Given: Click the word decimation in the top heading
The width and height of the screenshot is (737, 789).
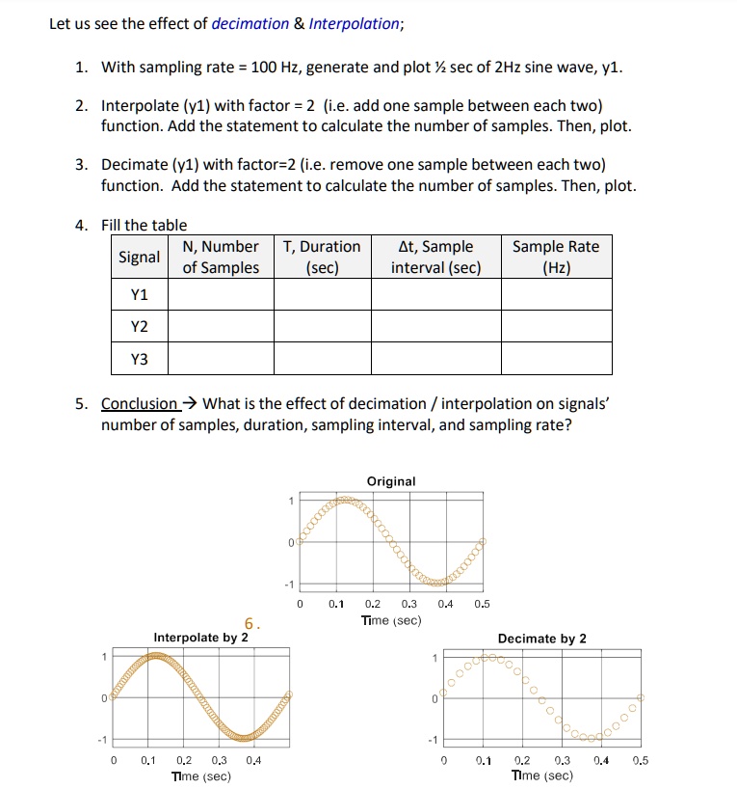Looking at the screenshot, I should click(250, 24).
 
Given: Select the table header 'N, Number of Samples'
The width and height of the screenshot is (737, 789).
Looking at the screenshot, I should click(221, 258).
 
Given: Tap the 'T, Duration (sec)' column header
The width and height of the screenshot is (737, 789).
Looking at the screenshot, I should click(322, 258).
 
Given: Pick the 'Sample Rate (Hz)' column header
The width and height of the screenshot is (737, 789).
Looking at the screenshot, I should click(556, 258).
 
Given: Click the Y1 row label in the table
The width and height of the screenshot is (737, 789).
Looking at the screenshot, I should click(140, 294).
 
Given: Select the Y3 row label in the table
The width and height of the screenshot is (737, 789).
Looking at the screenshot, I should click(140, 359).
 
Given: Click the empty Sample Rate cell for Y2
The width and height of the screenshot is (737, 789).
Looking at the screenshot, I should click(556, 326).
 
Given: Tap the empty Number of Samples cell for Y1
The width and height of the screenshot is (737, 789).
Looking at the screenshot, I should click(221, 294).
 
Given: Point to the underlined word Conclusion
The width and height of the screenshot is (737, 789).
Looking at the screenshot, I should click(140, 404).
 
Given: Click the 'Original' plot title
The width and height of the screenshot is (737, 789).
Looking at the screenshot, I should click(391, 481).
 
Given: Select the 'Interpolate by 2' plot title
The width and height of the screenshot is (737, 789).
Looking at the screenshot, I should click(200, 638).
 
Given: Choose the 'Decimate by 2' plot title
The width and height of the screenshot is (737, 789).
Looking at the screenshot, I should click(541, 639).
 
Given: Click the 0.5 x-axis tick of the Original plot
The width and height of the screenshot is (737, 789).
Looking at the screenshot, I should click(483, 605).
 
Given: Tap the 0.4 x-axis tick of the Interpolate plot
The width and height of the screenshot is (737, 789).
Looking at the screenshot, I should click(253, 760).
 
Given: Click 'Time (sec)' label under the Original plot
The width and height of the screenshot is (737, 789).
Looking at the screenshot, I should click(391, 620).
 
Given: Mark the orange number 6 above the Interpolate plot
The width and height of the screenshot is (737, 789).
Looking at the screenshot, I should click(249, 624).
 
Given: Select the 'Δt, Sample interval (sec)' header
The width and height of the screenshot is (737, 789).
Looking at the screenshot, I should click(435, 258).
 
